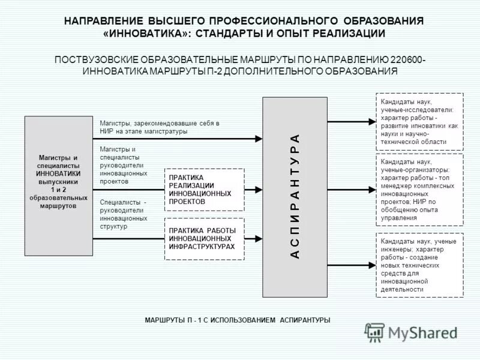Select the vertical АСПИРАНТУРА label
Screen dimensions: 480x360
pyautogui.click(x=294, y=196)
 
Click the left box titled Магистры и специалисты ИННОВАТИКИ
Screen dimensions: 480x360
pyautogui.click(x=58, y=185)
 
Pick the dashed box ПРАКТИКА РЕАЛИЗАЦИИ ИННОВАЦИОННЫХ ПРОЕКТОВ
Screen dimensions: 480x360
pyautogui.click(x=204, y=190)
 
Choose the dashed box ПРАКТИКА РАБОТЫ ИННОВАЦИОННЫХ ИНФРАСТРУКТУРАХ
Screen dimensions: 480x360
pyautogui.click(x=204, y=238)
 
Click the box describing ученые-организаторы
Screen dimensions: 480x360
pyautogui.click(x=419, y=190)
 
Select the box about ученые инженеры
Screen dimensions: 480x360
pyautogui.click(x=419, y=265)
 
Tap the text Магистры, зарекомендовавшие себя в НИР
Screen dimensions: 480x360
pyautogui.click(x=159, y=127)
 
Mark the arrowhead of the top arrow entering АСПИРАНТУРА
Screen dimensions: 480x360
pyautogui.click(x=259, y=139)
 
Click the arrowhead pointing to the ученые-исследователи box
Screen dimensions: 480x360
pyautogui.click(x=371, y=122)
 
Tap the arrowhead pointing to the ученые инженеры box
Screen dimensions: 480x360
pyautogui.click(x=371, y=265)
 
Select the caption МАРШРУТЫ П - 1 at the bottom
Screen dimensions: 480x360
pyautogui.click(x=237, y=320)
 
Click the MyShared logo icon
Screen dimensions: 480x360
pyautogui.click(x=375, y=332)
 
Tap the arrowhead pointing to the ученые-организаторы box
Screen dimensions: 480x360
pyautogui.click(x=371, y=190)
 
